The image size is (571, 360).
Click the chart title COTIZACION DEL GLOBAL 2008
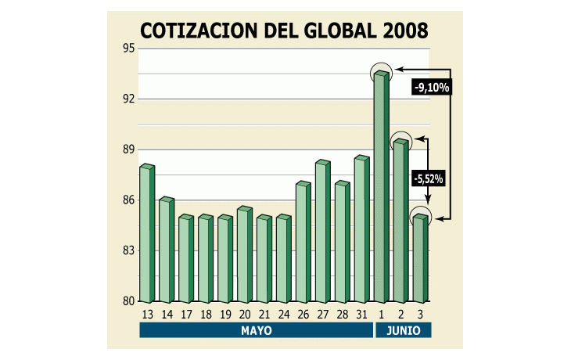click(284, 30)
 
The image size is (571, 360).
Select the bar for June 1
click(381, 188)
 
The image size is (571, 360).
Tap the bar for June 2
click(400, 221)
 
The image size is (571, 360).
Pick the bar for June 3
click(420, 259)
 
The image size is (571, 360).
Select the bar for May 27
click(322, 232)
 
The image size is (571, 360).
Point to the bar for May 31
click(361, 230)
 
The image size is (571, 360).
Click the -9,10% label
click(431, 88)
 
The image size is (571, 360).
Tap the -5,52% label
click(428, 179)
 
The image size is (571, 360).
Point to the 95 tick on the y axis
click(127, 49)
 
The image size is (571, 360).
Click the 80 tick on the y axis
click(127, 301)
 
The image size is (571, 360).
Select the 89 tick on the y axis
click(127, 149)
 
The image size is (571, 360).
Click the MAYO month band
click(256, 331)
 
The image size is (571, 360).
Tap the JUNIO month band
click(404, 331)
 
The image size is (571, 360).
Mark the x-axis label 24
click(284, 315)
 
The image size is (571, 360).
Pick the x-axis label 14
click(167, 315)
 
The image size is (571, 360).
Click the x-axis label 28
click(342, 315)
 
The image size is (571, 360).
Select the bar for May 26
click(303, 243)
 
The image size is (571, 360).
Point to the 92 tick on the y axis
click(127, 99)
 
